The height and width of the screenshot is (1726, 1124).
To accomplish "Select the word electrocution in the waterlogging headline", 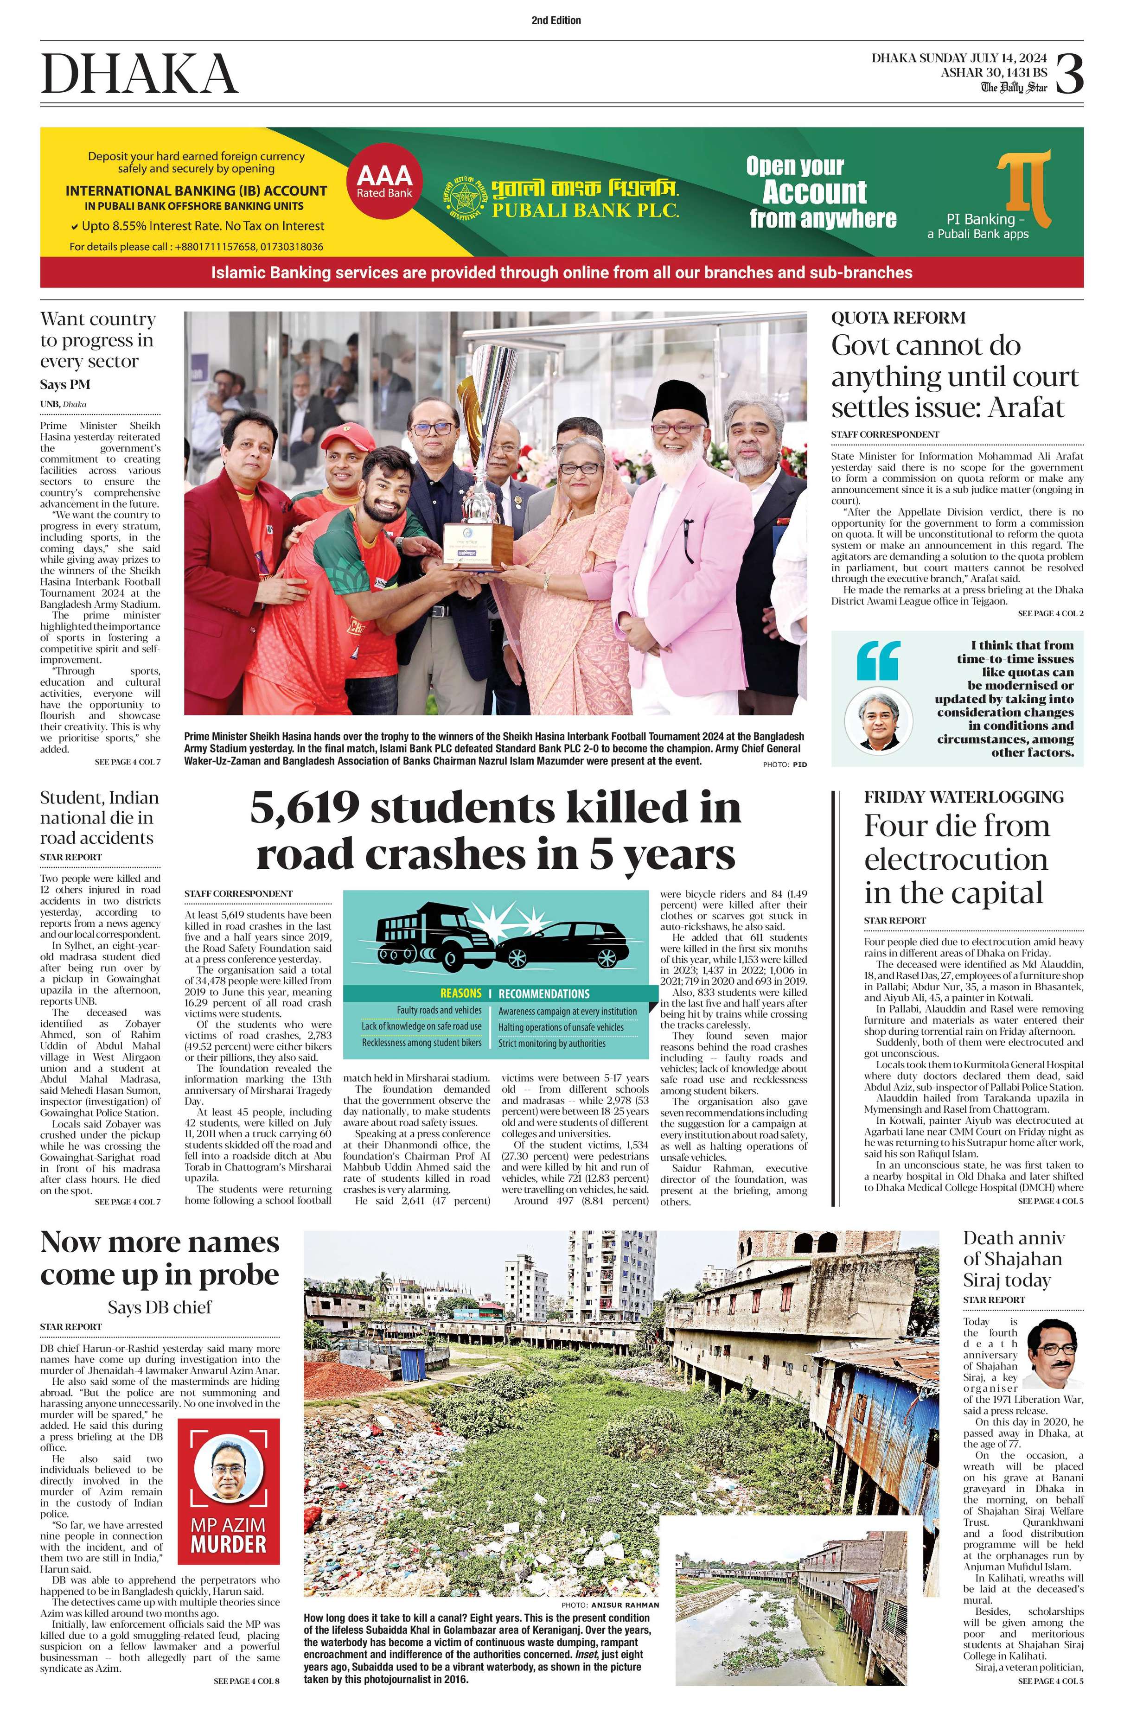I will pos(956,860).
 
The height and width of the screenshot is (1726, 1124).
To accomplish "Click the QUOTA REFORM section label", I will pos(898,318).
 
